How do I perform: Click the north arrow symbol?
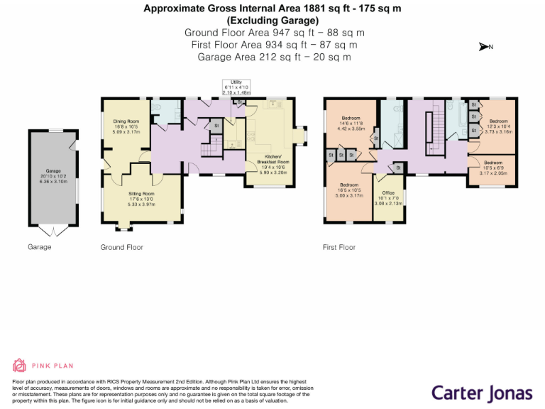click(x=486, y=48)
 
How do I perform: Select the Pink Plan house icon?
click(x=19, y=366)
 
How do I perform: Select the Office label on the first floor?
click(x=387, y=192)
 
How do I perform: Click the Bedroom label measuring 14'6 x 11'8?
click(x=352, y=118)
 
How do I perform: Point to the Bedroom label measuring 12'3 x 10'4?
click(x=498, y=121)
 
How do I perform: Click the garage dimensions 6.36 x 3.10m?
click(x=54, y=181)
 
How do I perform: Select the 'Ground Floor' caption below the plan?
click(x=122, y=247)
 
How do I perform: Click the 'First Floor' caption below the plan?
click(x=339, y=247)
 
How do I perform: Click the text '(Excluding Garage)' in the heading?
click(x=273, y=21)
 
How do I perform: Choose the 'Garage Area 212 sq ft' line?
click(x=273, y=57)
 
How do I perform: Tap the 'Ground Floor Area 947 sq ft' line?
click(x=273, y=33)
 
